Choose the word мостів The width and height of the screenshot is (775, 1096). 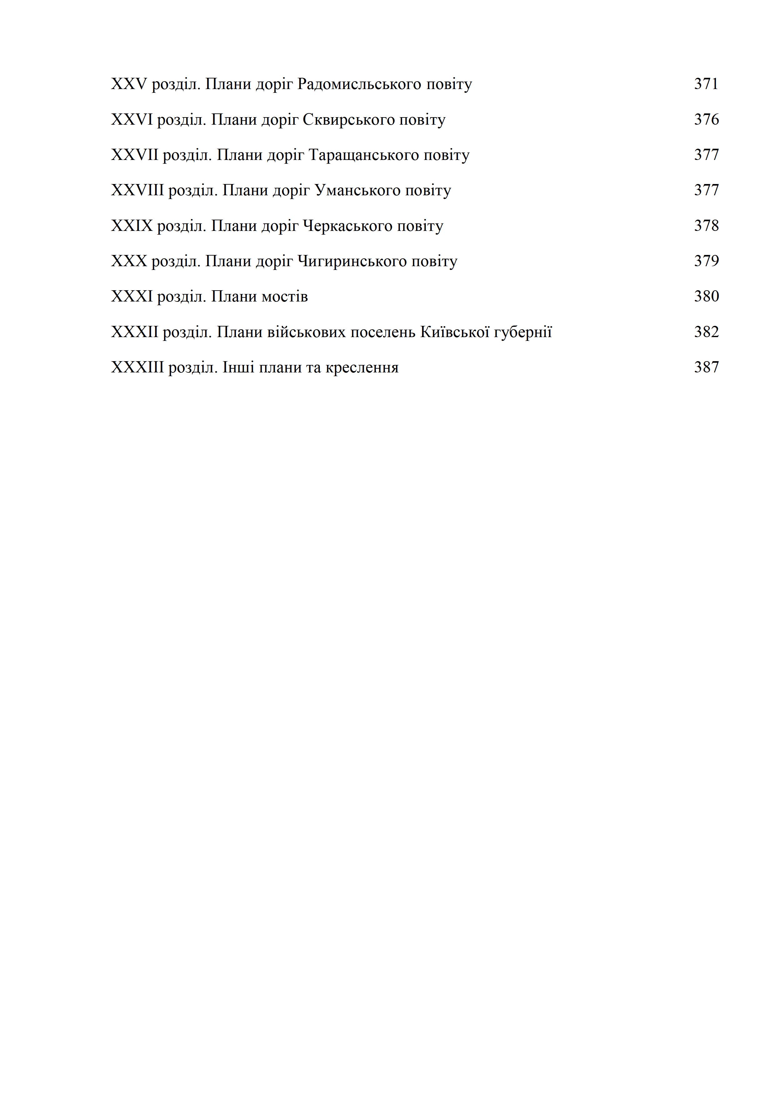click(285, 297)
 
